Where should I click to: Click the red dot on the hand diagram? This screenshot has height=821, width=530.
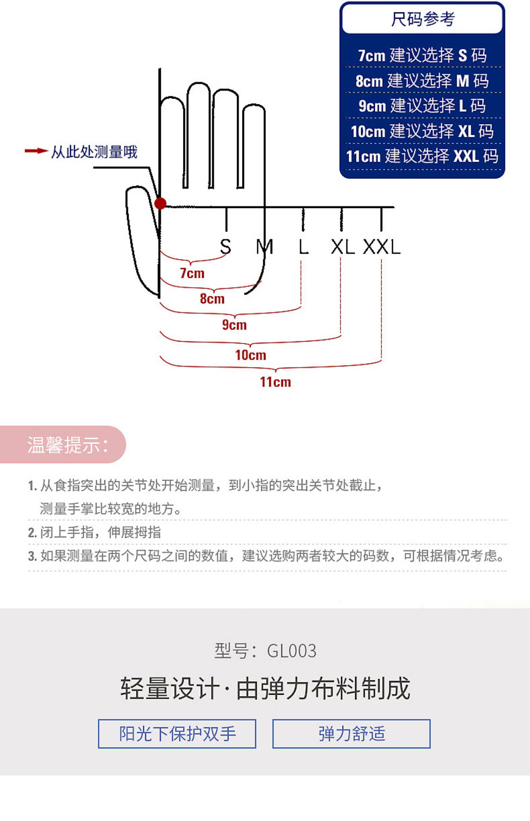coord(160,203)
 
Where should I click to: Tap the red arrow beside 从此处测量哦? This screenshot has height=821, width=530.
coord(36,151)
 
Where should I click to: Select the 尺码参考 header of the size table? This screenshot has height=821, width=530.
coord(422,19)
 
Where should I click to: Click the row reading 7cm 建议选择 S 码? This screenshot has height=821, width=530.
coord(422,56)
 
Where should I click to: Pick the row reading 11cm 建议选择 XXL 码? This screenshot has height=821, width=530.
coord(422,156)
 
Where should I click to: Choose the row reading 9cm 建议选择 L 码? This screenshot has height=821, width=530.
coord(422,106)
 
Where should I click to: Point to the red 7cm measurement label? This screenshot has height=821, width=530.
coord(192,273)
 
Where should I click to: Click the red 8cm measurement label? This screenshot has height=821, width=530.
coord(212,299)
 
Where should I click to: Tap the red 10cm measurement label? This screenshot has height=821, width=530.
coord(251,355)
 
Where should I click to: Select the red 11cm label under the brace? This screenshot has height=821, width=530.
coord(276,382)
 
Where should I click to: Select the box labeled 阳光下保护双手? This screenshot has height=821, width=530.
coord(177,734)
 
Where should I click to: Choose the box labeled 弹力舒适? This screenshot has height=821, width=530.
coord(352,734)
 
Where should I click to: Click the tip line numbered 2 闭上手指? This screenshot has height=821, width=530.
coord(95,532)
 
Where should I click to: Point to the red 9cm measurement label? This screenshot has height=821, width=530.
coord(234,325)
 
